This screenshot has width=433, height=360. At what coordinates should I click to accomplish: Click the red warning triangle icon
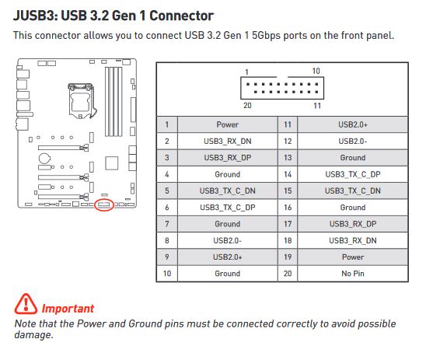(x=26, y=304)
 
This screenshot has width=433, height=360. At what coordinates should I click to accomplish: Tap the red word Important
(x=68, y=309)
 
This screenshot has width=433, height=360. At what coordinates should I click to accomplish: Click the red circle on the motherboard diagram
(x=104, y=205)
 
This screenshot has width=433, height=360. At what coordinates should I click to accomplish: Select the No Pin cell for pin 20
(x=353, y=274)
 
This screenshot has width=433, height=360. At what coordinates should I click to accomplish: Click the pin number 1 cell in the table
(x=167, y=124)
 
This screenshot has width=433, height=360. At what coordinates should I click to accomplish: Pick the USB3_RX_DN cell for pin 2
(x=227, y=142)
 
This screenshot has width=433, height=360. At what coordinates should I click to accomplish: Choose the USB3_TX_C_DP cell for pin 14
(x=353, y=174)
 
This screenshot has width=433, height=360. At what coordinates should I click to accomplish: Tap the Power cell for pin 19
(x=353, y=257)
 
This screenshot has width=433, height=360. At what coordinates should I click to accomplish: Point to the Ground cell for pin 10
(x=227, y=274)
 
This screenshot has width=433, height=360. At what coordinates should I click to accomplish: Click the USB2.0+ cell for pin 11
(x=353, y=124)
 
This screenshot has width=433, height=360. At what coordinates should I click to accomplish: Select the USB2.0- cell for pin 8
(x=227, y=240)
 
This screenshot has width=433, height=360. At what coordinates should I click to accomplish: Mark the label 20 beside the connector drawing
(x=247, y=105)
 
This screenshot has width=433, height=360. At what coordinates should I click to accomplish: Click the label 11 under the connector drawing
(x=317, y=106)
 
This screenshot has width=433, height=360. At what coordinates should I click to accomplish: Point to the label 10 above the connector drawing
(x=316, y=71)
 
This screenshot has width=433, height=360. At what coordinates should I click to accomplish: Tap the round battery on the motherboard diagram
(x=44, y=159)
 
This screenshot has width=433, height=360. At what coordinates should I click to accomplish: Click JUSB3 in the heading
(x=33, y=16)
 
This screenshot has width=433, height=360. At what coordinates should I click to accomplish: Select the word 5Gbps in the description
(x=266, y=35)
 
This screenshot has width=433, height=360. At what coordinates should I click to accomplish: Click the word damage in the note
(x=33, y=335)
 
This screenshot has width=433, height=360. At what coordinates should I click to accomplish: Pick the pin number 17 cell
(x=288, y=224)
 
